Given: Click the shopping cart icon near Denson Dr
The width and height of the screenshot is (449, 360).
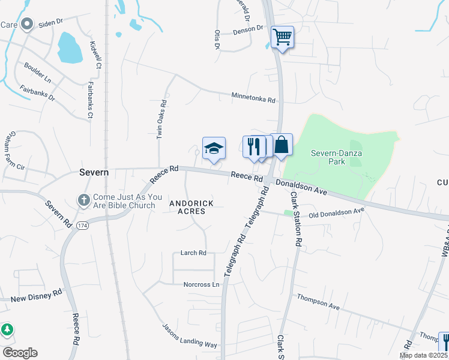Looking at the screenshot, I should tap(282, 37).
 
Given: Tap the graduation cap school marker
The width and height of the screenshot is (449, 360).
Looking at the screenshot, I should tap(214, 148).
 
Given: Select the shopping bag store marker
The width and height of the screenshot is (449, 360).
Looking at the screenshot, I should tap(282, 145).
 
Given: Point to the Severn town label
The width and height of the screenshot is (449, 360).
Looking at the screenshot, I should tap(94, 172).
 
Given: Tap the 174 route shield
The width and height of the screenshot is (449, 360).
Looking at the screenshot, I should tap(82, 226).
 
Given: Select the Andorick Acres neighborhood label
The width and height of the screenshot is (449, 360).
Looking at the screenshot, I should tap(191, 208).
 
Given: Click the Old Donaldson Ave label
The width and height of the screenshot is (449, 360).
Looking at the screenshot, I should tap(337, 212).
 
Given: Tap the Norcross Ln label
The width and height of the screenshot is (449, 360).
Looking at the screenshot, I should tap(202, 284).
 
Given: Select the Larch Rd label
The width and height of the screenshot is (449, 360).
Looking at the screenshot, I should tap(193, 253).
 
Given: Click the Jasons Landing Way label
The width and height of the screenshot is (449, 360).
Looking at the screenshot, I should tap(189, 336).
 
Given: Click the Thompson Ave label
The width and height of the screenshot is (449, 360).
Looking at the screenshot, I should tap(318, 302).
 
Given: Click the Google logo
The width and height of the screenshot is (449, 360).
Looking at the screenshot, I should tap(20, 353).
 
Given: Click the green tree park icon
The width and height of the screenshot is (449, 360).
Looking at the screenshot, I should tap(7, 329).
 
